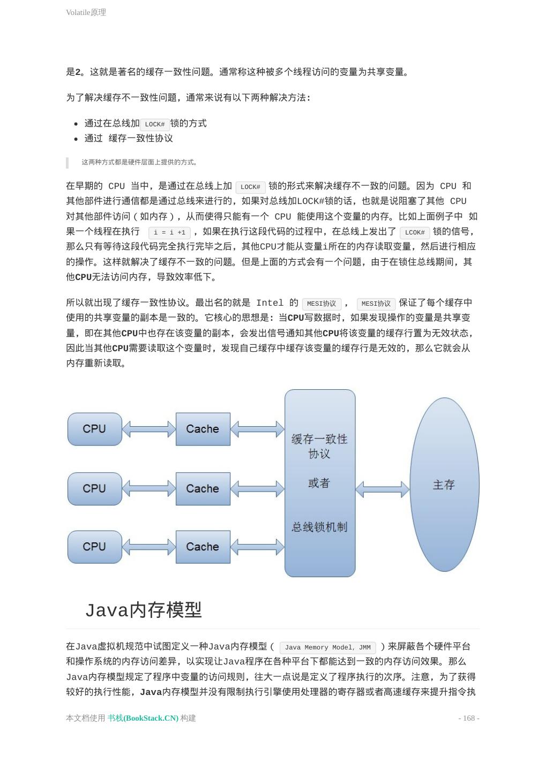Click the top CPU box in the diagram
click(95, 429)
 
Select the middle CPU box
click(95, 488)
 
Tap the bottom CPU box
click(95, 547)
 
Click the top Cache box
click(203, 429)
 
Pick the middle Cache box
click(203, 488)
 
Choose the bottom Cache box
click(203, 547)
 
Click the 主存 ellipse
click(444, 485)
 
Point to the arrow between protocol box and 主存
click(382, 489)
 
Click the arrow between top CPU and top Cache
click(149, 429)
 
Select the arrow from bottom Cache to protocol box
click(257, 547)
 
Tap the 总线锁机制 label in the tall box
click(319, 527)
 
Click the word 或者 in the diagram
click(319, 483)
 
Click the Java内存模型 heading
click(144, 610)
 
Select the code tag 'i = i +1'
click(169, 232)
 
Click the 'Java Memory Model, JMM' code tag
click(327, 647)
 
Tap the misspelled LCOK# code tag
click(415, 232)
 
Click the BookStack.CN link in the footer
click(143, 718)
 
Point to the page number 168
click(469, 718)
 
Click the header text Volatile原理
click(86, 12)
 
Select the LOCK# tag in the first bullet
click(155, 124)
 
